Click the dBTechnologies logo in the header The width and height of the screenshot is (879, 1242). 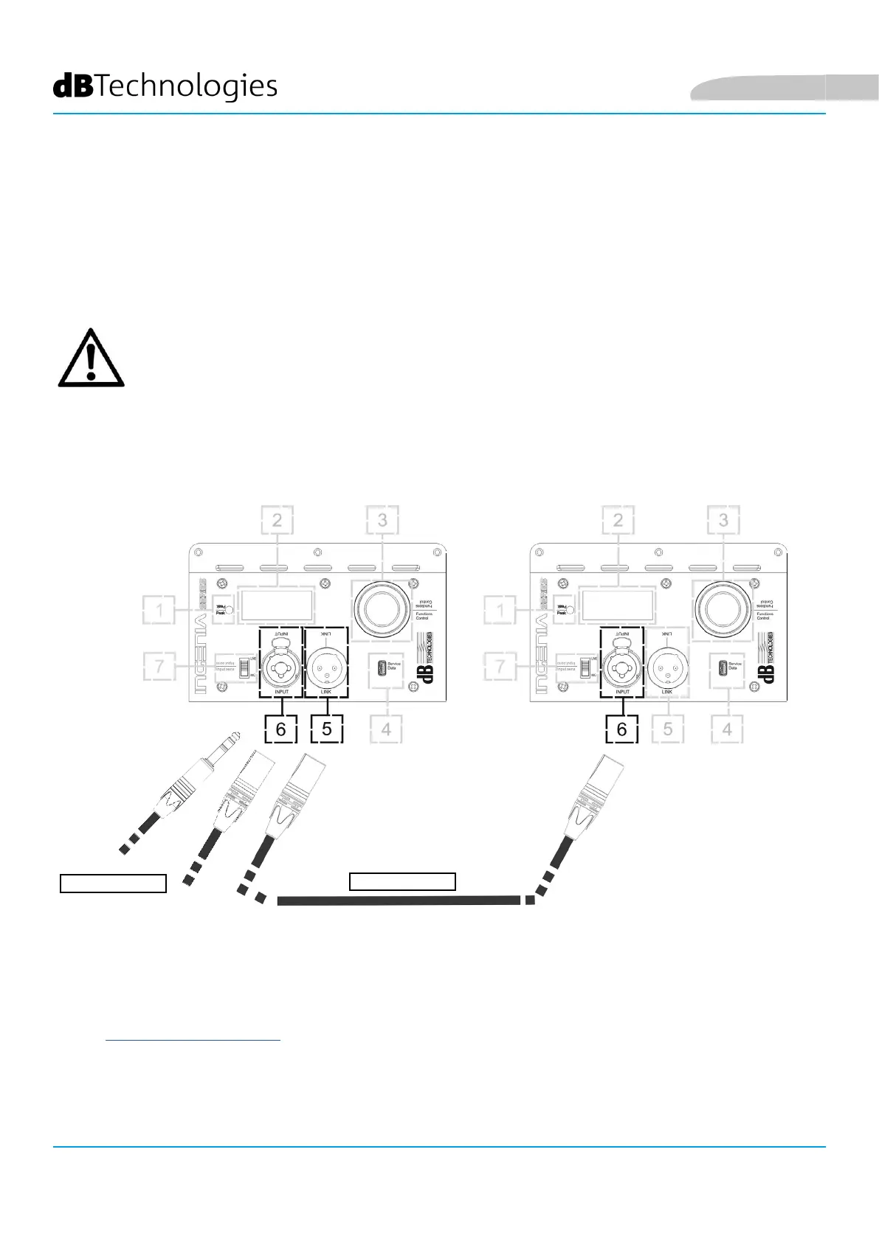165,87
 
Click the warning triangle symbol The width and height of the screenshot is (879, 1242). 91,359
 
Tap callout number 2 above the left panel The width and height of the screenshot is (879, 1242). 277,521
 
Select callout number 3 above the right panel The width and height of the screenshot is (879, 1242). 723,521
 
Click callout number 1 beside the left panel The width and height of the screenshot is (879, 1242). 159,611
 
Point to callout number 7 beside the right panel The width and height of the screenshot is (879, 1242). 500,667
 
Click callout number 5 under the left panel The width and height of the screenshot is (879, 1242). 327,729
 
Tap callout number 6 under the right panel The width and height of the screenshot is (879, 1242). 621,729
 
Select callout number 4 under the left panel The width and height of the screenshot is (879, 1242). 386,729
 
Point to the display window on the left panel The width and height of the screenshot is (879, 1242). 277,605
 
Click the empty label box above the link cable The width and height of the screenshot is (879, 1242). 402,881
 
